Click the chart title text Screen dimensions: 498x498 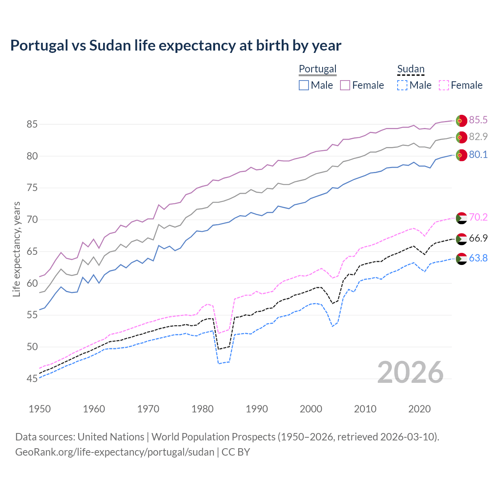(176, 46)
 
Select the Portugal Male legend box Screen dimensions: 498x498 (304, 85)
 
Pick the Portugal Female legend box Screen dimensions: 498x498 (345, 85)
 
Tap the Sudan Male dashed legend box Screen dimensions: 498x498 (402, 85)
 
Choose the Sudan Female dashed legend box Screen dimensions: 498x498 (444, 85)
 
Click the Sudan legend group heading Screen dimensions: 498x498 (410, 69)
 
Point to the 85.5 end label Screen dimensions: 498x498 (478, 120)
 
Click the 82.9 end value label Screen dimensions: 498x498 (478, 137)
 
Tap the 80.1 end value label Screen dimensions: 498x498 (478, 154)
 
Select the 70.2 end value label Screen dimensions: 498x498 (478, 217)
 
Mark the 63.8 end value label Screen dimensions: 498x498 (478, 258)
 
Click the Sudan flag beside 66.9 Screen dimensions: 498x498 (461, 239)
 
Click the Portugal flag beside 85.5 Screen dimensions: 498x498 (461, 121)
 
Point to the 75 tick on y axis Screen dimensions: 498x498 (32, 188)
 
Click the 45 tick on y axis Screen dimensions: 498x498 (32, 379)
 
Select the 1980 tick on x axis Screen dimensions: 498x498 (203, 409)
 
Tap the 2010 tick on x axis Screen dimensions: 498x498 (365, 409)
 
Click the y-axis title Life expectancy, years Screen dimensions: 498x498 (17, 249)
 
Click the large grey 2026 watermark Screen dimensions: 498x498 (410, 372)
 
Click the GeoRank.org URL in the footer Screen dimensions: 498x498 (115, 452)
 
